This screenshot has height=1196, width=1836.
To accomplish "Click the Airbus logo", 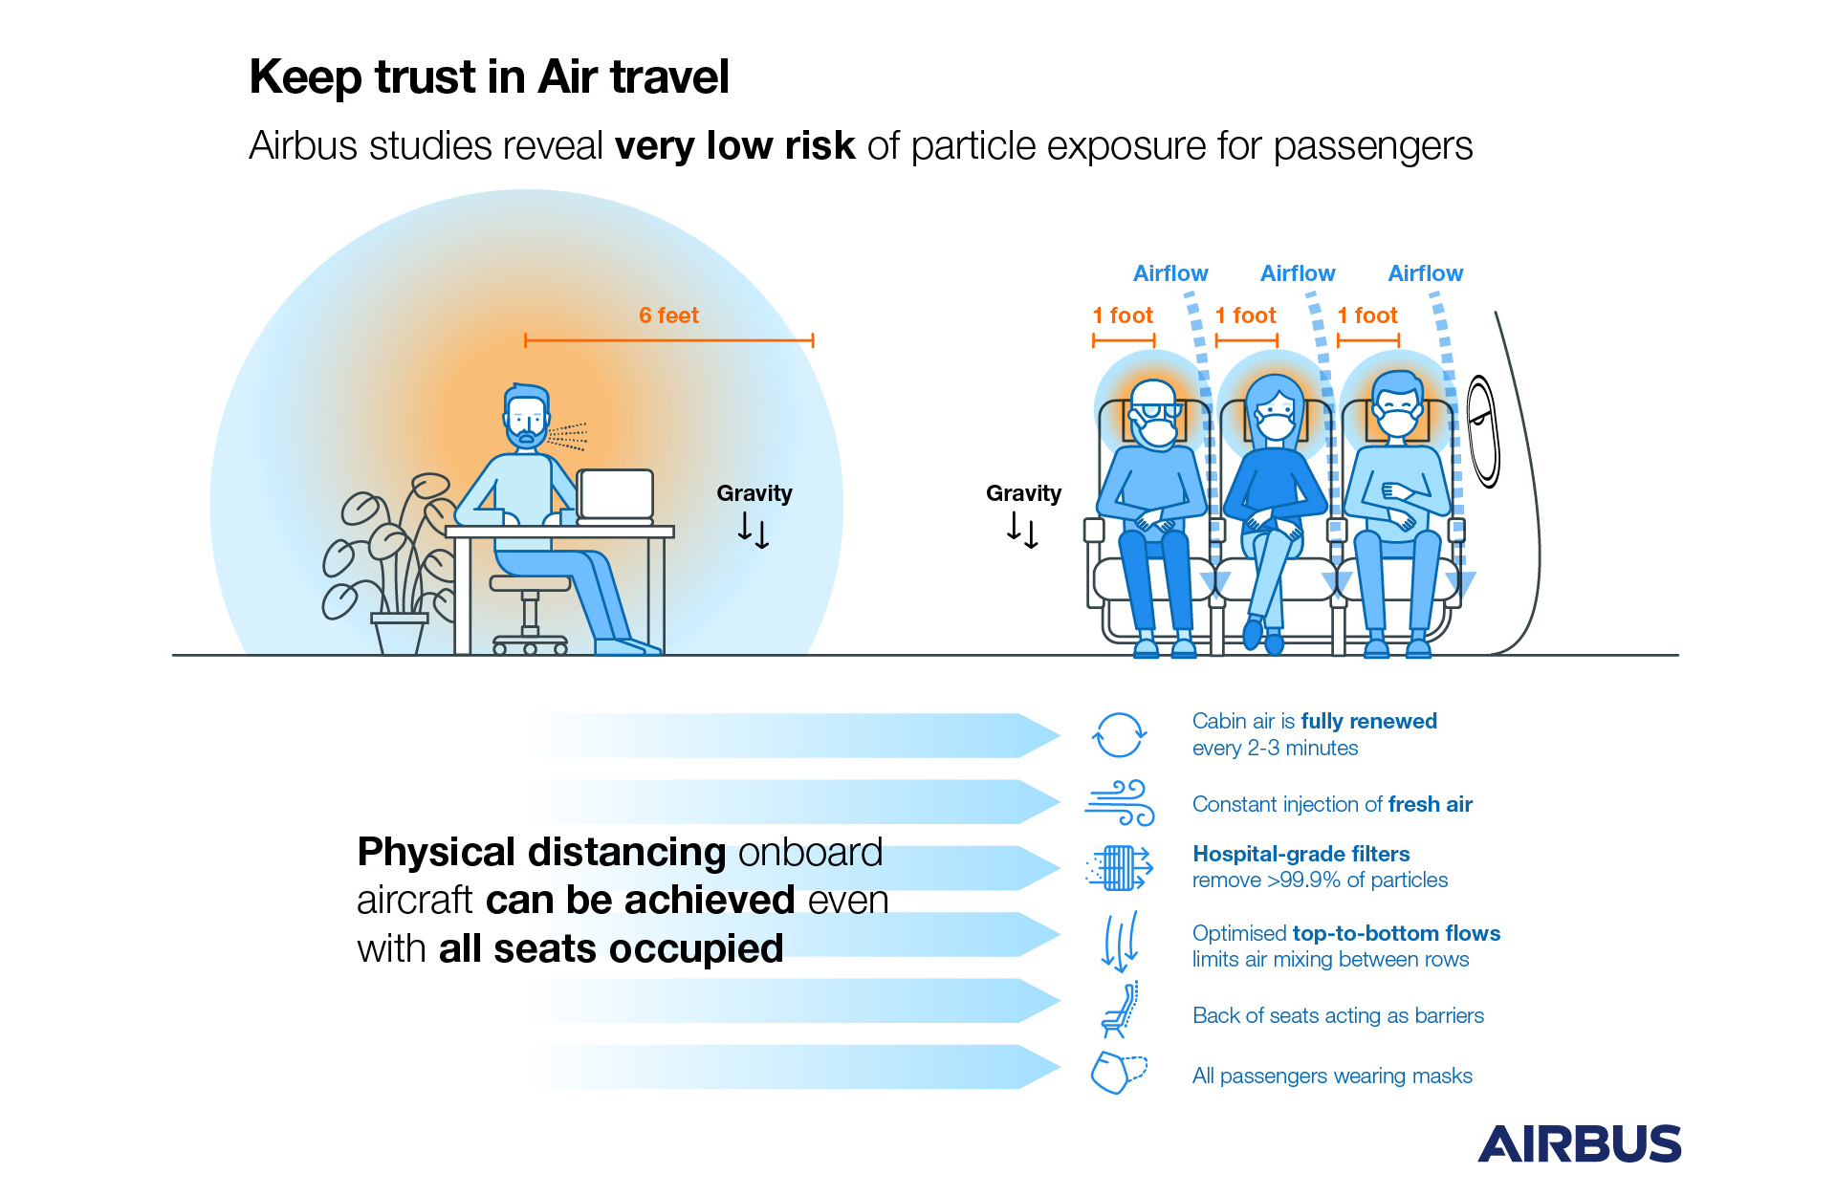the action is (x=1579, y=1143).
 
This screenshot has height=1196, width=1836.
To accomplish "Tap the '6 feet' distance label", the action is (x=668, y=315).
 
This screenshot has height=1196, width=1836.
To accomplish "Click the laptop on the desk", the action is (x=616, y=496).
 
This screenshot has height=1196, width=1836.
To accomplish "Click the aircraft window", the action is (x=1483, y=431).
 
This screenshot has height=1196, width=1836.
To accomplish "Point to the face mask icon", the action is (x=1118, y=1073).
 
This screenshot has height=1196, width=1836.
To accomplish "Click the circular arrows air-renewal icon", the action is (x=1119, y=735).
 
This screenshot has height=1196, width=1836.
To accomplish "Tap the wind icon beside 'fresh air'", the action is (x=1119, y=803).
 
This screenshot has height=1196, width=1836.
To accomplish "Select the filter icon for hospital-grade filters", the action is (x=1119, y=868).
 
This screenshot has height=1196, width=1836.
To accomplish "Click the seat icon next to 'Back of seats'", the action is (x=1119, y=1010).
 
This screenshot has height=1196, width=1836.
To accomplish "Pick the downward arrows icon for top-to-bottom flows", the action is (x=1120, y=942).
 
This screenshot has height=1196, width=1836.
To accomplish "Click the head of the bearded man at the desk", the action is (x=526, y=417).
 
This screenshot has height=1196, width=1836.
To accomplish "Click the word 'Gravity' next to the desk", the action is (x=754, y=493).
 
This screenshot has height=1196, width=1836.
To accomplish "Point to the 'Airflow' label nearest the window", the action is (x=1425, y=273).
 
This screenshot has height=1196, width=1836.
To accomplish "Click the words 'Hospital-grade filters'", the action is (x=1300, y=854).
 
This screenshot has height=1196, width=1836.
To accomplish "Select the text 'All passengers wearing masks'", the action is (x=1332, y=1076).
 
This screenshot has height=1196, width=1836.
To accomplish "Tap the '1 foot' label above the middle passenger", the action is (x=1246, y=315).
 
